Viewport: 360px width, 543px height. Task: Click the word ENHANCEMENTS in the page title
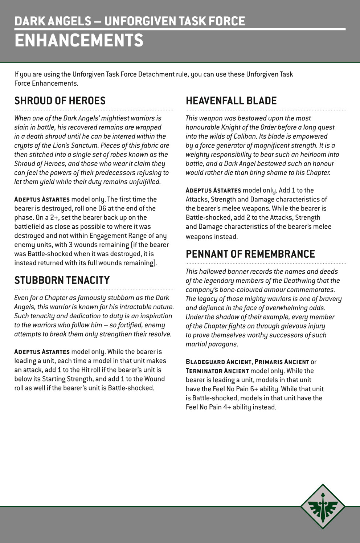click(x=79, y=40)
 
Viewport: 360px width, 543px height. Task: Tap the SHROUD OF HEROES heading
click(x=60, y=101)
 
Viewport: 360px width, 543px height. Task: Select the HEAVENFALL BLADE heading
click(x=231, y=101)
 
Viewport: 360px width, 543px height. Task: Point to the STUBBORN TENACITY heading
click(x=62, y=280)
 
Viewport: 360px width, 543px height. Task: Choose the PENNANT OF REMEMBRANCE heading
click(x=250, y=254)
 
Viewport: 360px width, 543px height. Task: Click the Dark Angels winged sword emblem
click(x=322, y=506)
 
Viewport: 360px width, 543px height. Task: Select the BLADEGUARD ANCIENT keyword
click(x=218, y=362)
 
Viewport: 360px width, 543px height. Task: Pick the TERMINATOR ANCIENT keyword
click(x=217, y=371)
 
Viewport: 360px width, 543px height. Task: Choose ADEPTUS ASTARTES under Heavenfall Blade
click(x=213, y=191)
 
